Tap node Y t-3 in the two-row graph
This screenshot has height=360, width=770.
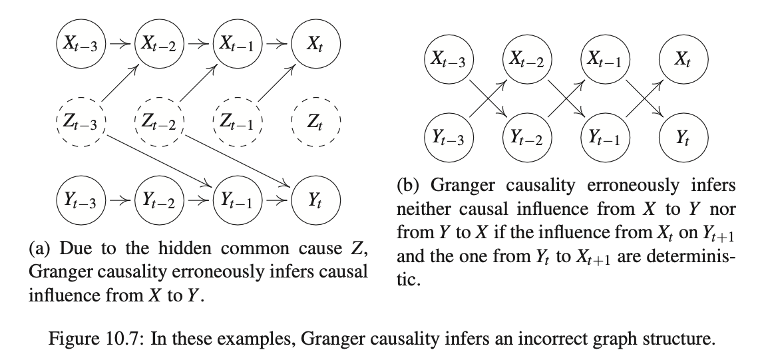pos(449,138)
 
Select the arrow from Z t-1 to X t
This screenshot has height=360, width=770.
pos(276,83)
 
